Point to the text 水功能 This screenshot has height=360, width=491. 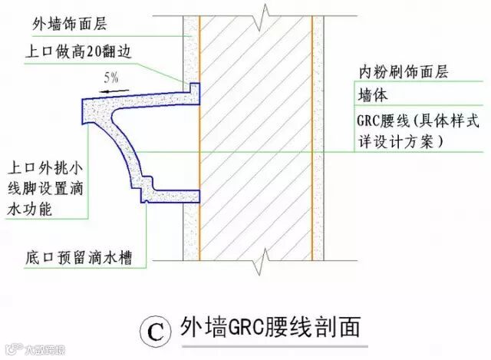coord(31,207)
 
